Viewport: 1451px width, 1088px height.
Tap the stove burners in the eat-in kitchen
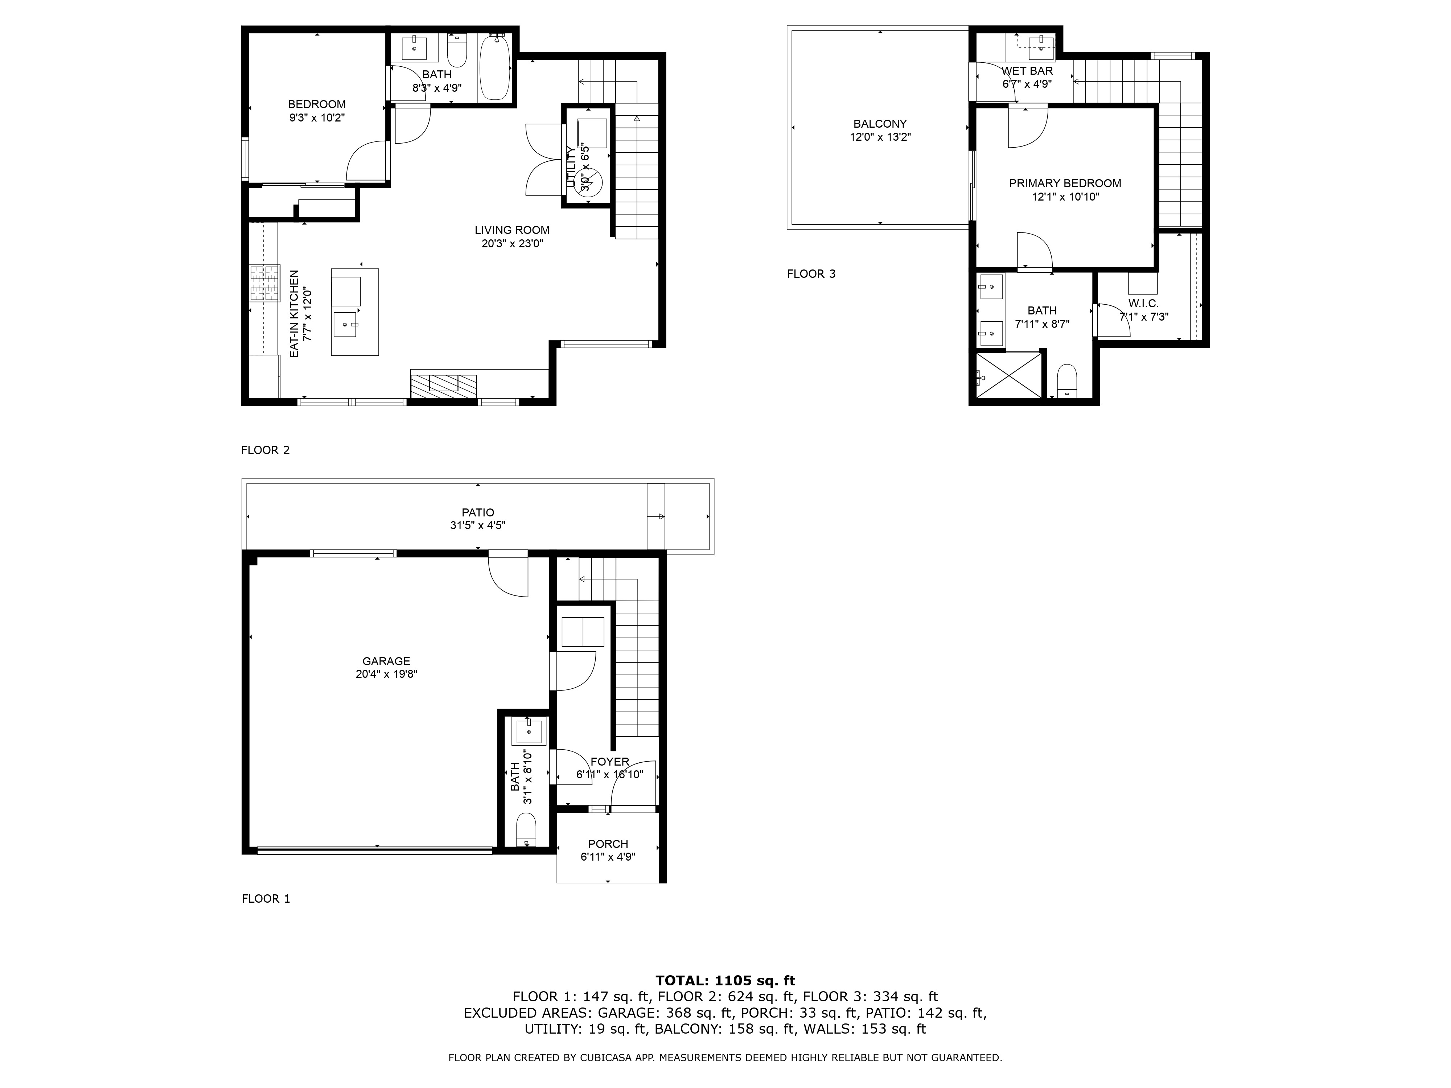pyautogui.click(x=264, y=283)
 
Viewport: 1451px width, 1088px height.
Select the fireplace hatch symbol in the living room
pyautogui.click(x=443, y=385)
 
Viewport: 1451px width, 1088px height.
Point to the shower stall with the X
pyautogui.click(x=1008, y=375)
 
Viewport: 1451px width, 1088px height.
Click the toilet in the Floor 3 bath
pyautogui.click(x=1067, y=380)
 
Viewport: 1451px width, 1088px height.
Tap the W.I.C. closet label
pyautogui.click(x=1143, y=304)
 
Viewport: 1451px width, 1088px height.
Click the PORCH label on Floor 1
pyautogui.click(x=608, y=844)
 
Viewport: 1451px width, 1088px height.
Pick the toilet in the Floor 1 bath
pyautogui.click(x=526, y=830)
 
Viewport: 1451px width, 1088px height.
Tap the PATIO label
pyautogui.click(x=477, y=512)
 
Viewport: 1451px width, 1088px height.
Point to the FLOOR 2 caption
pyautogui.click(x=265, y=450)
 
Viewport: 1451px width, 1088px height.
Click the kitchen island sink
pyautogui.click(x=346, y=324)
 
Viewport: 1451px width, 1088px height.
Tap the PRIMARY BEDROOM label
pyautogui.click(x=1065, y=184)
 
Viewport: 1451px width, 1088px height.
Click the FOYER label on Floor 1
pyautogui.click(x=609, y=761)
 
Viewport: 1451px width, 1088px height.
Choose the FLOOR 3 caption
pyautogui.click(x=811, y=274)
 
